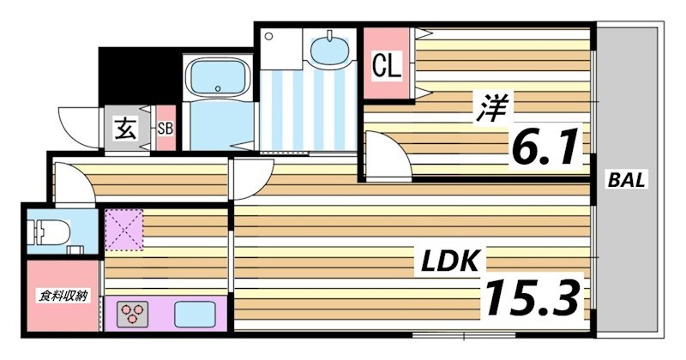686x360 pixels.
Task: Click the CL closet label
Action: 387,66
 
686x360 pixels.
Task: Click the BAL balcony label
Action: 628,180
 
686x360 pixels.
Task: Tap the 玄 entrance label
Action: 125,130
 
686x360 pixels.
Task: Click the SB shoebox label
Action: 165,130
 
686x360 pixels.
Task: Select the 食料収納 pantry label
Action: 63,297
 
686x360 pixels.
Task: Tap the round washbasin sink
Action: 328,51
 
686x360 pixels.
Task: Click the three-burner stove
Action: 134,313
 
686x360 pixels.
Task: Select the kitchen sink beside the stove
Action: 194,315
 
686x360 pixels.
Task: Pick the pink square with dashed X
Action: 123,231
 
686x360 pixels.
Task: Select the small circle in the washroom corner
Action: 269,36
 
